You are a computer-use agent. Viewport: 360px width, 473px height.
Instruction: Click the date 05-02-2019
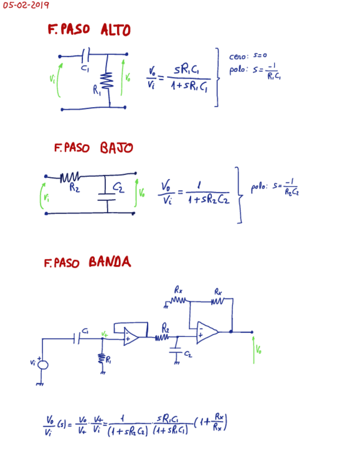tap(26, 6)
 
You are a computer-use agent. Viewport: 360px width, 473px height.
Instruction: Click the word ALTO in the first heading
tap(115, 30)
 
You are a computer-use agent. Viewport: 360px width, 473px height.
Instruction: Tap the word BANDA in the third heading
tap(110, 262)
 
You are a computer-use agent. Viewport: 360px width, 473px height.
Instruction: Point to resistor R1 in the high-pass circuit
tap(108, 81)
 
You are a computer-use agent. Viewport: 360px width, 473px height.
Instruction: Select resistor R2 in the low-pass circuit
tap(71, 177)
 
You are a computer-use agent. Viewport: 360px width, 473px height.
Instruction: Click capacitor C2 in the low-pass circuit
tap(106, 193)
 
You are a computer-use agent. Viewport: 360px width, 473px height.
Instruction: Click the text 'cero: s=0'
tap(249, 56)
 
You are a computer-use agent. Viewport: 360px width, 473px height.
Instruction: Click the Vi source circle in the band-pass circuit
tap(42, 364)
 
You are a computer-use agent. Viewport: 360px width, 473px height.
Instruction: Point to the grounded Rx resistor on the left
tap(178, 301)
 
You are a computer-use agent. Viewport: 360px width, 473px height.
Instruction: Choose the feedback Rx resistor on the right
tap(218, 301)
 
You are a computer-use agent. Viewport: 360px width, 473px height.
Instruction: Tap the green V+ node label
tap(104, 333)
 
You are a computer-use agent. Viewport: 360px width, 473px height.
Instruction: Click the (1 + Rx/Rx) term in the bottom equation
tap(212, 425)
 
